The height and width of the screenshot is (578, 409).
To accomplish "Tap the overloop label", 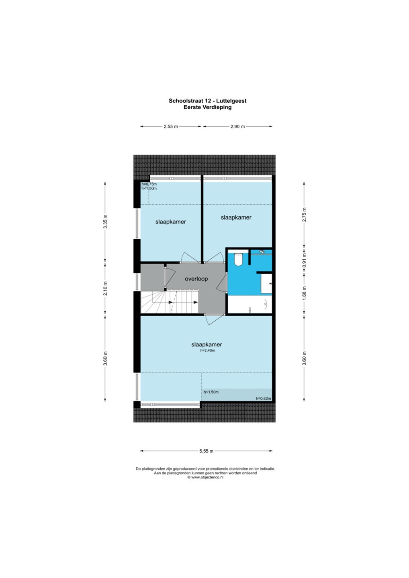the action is (196, 279).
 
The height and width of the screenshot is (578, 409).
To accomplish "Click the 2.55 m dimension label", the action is (171, 127).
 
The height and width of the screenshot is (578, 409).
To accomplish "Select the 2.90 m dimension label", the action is (237, 127).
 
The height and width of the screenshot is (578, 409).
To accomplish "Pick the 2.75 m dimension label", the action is (304, 214).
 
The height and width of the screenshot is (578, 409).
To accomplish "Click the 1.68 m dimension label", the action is (304, 293).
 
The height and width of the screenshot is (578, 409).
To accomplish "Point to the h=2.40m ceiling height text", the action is (207, 351).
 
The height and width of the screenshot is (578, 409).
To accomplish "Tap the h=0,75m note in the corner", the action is (149, 184).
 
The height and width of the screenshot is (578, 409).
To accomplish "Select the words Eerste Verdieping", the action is (207, 107).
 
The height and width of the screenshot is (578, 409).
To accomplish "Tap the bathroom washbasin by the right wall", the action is (267, 283).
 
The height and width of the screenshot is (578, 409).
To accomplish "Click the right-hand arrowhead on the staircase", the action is (196, 302).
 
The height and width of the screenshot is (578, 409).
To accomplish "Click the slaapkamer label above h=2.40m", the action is (207, 344).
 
